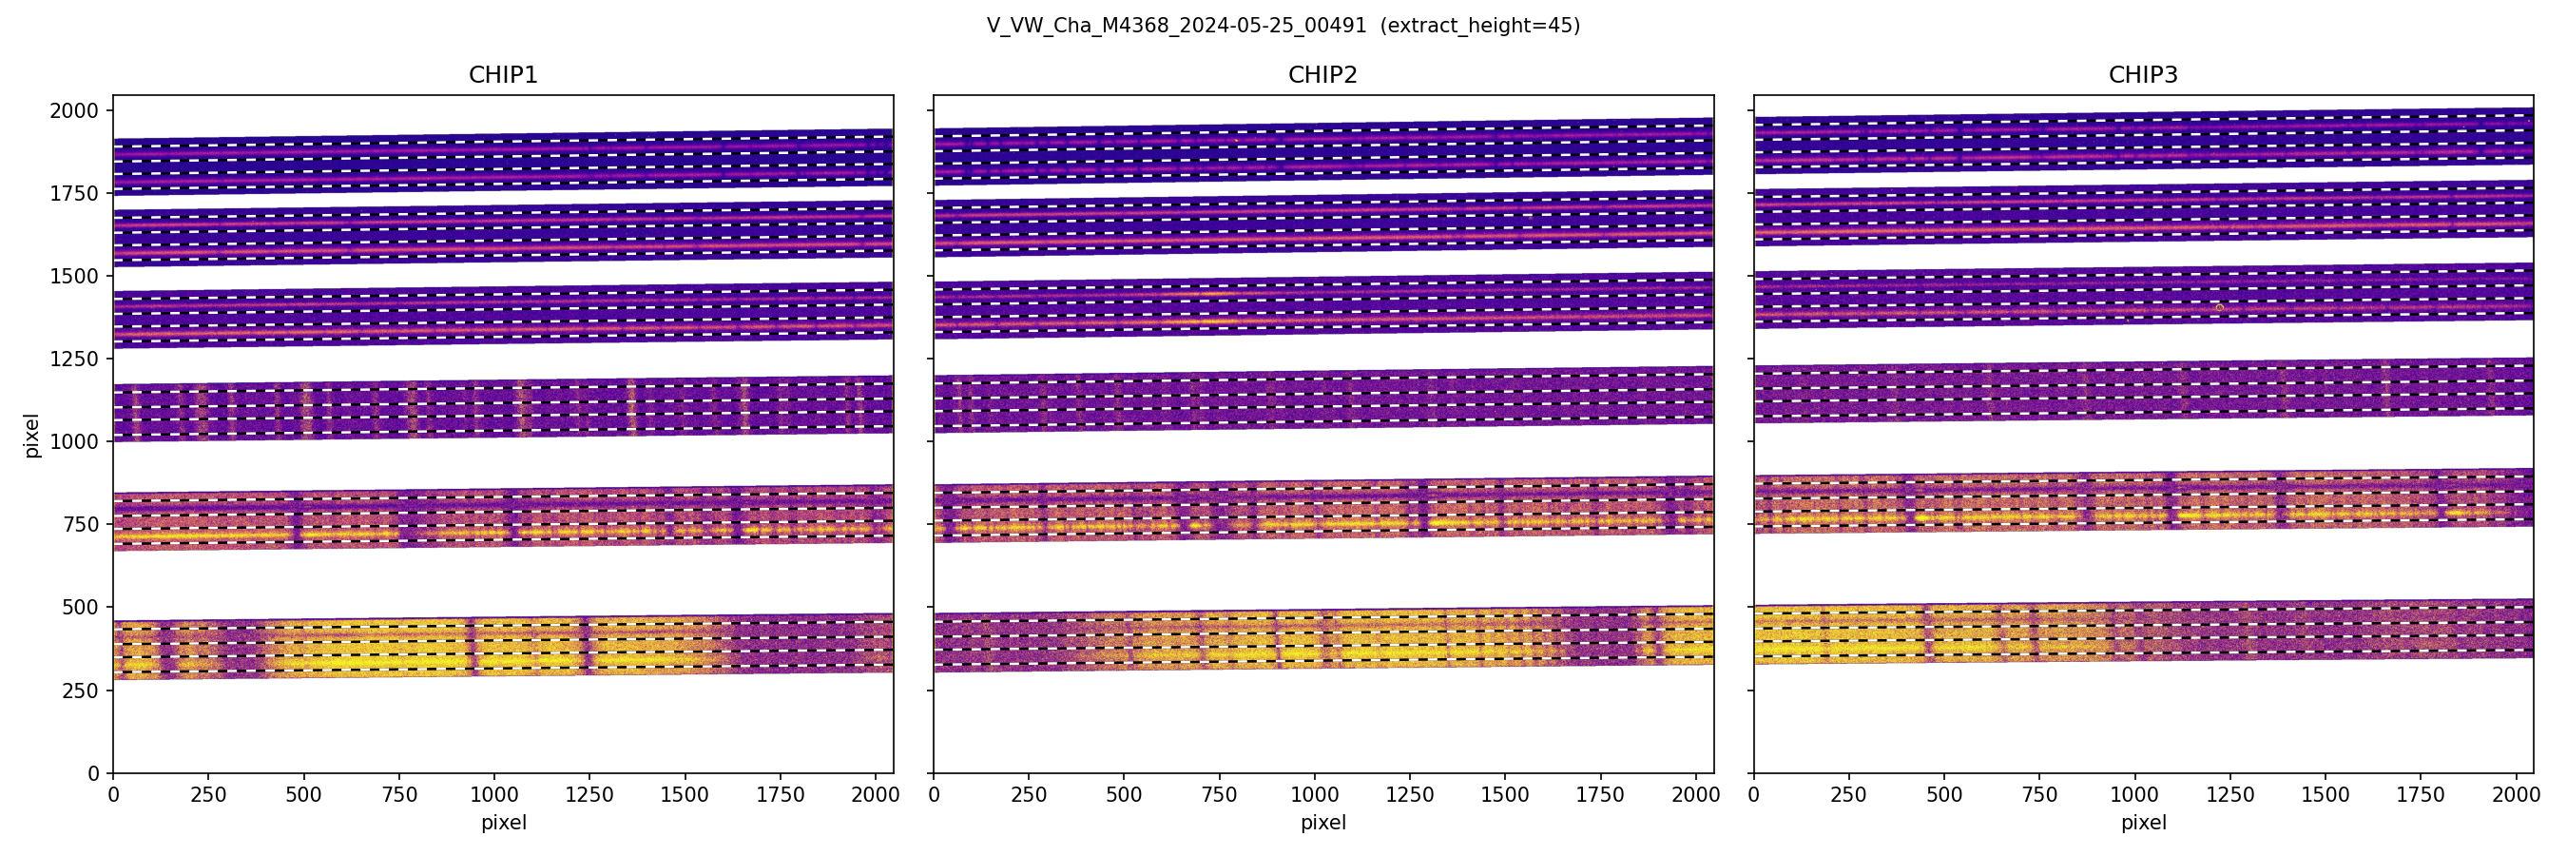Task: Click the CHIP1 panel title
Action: (x=502, y=75)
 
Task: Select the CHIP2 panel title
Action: (x=1322, y=75)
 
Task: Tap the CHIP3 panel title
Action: (x=2142, y=75)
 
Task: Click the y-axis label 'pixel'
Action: (x=32, y=435)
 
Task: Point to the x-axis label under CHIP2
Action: (x=1322, y=823)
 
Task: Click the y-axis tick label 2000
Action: (x=74, y=110)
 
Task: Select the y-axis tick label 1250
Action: (x=74, y=359)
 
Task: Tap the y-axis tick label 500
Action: (x=80, y=607)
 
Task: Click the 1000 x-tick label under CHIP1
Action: (x=494, y=795)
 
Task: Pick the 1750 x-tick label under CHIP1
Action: (x=781, y=795)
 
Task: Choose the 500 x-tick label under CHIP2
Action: (x=1124, y=795)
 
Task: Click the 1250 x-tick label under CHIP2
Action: (x=1410, y=795)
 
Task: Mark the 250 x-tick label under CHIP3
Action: (x=1848, y=795)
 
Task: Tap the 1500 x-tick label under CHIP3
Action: (x=2325, y=795)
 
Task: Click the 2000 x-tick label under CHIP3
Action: (x=2515, y=795)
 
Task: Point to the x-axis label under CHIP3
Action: (x=2142, y=823)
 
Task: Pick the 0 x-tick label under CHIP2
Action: (x=934, y=795)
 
